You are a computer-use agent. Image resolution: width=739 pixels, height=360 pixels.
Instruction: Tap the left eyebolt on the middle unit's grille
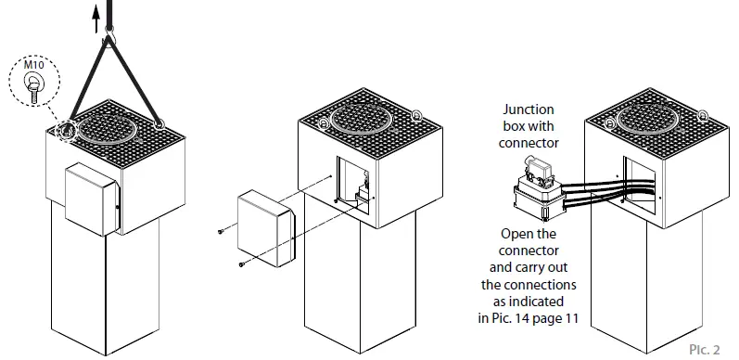(x=322, y=123)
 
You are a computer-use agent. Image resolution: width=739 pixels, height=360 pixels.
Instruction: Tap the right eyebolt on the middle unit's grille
(x=417, y=116)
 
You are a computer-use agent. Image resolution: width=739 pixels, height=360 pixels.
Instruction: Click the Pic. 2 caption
(x=705, y=349)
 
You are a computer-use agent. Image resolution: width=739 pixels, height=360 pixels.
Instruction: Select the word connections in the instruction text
(x=544, y=286)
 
